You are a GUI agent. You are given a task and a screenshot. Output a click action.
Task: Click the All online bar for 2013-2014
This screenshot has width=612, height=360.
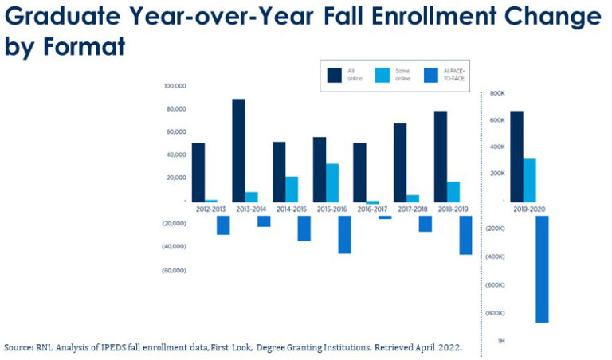(x=238, y=150)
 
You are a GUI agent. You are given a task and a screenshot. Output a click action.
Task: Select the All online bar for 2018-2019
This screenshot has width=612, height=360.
(x=441, y=156)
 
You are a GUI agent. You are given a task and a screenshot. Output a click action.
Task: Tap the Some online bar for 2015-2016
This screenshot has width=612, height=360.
(x=332, y=182)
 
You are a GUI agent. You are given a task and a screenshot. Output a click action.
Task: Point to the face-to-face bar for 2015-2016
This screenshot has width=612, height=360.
(x=344, y=234)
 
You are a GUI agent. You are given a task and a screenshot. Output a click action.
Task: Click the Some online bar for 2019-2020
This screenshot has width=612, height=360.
(x=529, y=180)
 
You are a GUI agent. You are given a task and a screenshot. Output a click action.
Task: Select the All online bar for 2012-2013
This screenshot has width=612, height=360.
(x=198, y=172)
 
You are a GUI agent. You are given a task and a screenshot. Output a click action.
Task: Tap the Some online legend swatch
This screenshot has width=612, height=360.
(x=382, y=75)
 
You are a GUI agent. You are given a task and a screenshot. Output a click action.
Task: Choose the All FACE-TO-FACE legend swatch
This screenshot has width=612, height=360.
(x=430, y=75)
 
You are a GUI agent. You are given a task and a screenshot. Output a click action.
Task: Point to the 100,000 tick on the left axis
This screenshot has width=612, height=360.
(x=175, y=86)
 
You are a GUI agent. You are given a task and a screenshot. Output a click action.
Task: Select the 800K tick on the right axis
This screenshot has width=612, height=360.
(x=497, y=94)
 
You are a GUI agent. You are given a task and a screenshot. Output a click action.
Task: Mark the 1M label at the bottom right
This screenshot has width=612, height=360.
(x=500, y=341)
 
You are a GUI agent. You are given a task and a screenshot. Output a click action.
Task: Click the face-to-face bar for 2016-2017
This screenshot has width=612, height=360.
(x=385, y=217)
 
